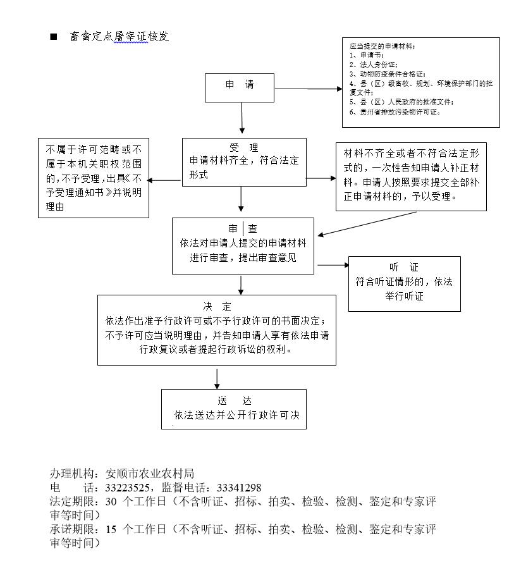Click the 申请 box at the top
click(239, 88)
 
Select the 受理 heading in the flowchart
click(243, 147)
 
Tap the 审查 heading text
click(243, 228)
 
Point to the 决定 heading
click(217, 306)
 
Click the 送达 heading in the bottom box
click(235, 400)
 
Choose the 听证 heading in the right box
click(404, 267)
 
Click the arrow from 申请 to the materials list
click(309, 89)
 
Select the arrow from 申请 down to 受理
click(242, 118)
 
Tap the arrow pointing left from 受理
click(164, 180)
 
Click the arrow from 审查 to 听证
click(333, 265)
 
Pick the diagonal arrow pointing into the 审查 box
click(367, 224)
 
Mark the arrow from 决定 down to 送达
click(217, 378)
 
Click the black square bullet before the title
click(54, 36)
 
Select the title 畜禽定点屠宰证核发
click(119, 36)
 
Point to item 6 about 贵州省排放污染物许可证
click(395, 112)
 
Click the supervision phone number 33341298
click(239, 488)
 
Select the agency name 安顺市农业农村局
click(150, 474)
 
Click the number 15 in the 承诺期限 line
click(111, 529)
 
